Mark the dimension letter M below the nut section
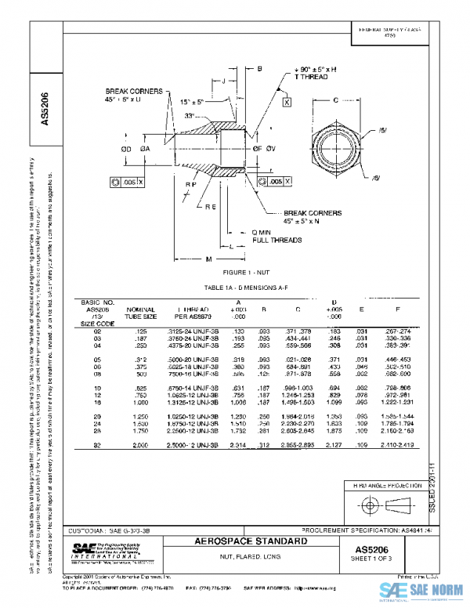point(208,259)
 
